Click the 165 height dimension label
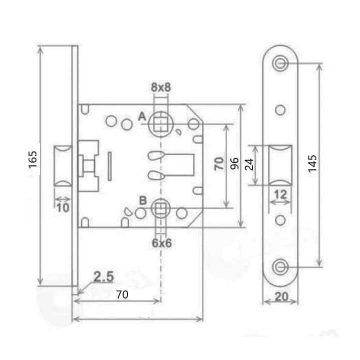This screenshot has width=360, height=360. click(33, 159)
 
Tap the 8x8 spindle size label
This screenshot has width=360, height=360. click(161, 87)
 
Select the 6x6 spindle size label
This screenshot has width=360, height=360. click(162, 243)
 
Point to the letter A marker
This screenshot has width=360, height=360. click(142, 116)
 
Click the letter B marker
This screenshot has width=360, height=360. click(143, 200)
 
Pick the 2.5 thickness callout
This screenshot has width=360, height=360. click(104, 276)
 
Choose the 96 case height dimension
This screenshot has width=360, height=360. click(234, 163)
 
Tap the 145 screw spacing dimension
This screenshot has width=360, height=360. click(312, 163)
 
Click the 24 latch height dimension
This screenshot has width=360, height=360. click(249, 164)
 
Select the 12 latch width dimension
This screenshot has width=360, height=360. click(280, 194)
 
